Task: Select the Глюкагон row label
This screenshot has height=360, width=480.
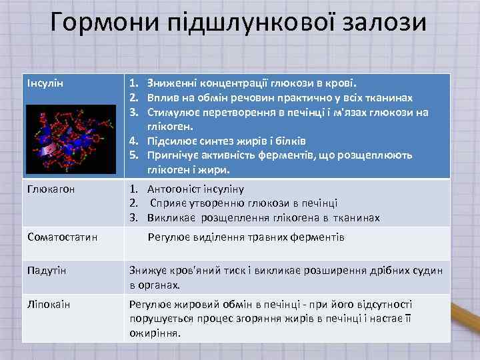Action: point(50,189)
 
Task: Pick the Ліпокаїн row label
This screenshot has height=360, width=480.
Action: point(49,304)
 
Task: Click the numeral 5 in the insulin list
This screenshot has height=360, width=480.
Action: point(133,155)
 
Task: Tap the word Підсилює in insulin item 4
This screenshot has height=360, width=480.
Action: point(173,141)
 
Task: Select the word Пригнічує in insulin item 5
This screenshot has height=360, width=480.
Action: point(175,155)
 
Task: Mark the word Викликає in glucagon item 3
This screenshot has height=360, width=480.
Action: point(171,217)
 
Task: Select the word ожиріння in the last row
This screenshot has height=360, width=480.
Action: point(155,332)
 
